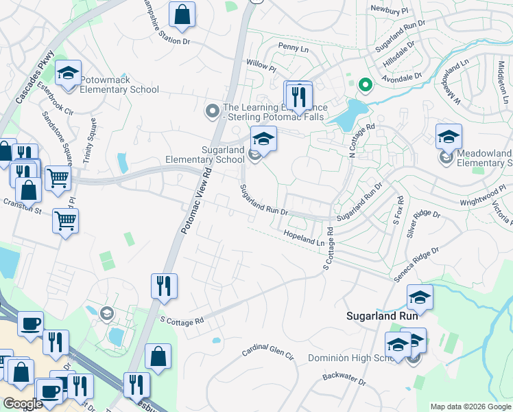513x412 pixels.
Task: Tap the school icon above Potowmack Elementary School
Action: (69, 74)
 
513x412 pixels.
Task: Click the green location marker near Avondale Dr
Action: (366, 85)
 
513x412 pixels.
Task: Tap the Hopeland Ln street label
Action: (303, 238)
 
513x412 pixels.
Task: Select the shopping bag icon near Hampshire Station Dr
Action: (182, 14)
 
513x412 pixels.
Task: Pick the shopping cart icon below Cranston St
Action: (66, 221)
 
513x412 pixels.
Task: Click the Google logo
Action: (23, 404)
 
